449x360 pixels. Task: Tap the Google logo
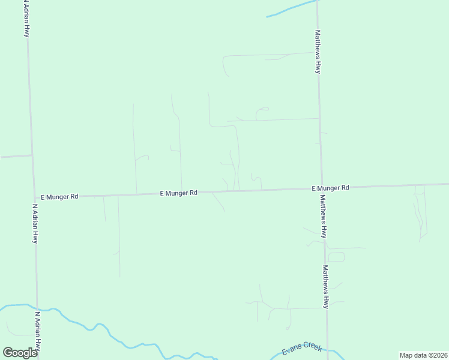coord(20,352)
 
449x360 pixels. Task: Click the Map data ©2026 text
coord(423,355)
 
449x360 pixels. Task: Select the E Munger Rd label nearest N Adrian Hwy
coord(59,196)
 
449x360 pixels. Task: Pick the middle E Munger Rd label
coord(179,193)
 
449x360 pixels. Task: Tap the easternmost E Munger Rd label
coord(330,188)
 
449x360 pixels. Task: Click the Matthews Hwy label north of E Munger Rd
coord(318,52)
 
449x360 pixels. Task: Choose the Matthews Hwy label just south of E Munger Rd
coord(323,216)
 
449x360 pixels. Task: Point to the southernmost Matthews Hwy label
coord(325,287)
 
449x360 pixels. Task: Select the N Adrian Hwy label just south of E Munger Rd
coord(35,223)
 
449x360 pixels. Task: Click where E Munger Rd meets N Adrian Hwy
coord(34,196)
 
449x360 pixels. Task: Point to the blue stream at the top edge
coord(291,8)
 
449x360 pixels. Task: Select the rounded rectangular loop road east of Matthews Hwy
coord(336,257)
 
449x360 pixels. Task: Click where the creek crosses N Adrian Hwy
coord(37,305)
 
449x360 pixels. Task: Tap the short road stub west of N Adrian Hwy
coord(16,156)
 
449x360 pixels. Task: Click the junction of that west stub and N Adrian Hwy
coord(31,155)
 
